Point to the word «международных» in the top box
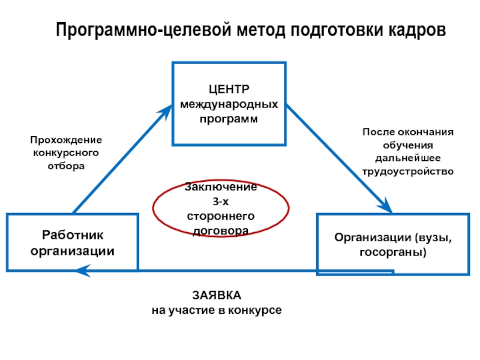tap(229, 105)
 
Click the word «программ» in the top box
tap(229, 119)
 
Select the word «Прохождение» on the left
tap(67, 139)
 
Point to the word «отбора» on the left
tap(66, 166)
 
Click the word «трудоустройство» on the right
tap(409, 172)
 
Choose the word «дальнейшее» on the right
tap(408, 158)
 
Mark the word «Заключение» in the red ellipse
tap(221, 187)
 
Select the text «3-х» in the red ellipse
tap(221, 202)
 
